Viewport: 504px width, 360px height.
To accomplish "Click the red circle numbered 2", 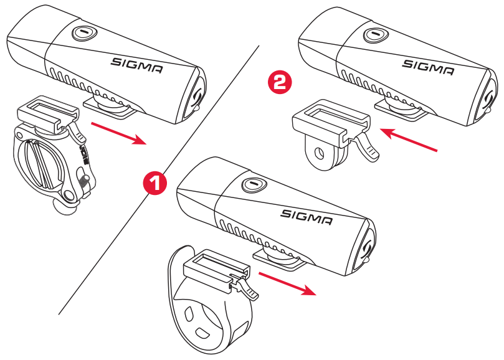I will point(278,83).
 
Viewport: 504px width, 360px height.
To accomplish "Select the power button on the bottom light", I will point(252,185).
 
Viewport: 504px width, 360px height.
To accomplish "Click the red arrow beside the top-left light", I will point(118,133).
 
